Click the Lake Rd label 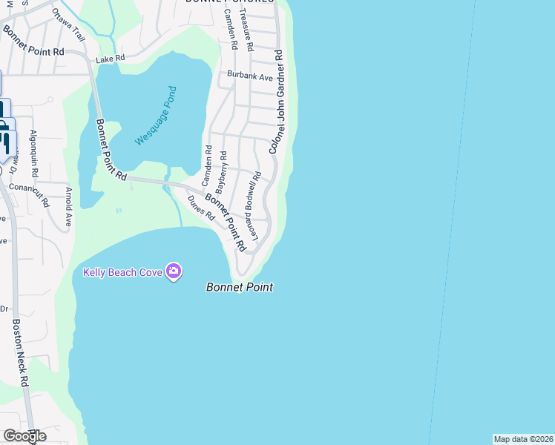point(110,57)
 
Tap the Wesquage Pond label point(156,116)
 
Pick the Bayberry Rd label point(222,173)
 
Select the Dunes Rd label point(200,208)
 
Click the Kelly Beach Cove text point(122,272)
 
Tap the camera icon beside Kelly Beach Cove point(174,271)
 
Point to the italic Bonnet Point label point(239,287)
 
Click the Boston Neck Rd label point(20,353)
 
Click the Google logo point(24,436)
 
